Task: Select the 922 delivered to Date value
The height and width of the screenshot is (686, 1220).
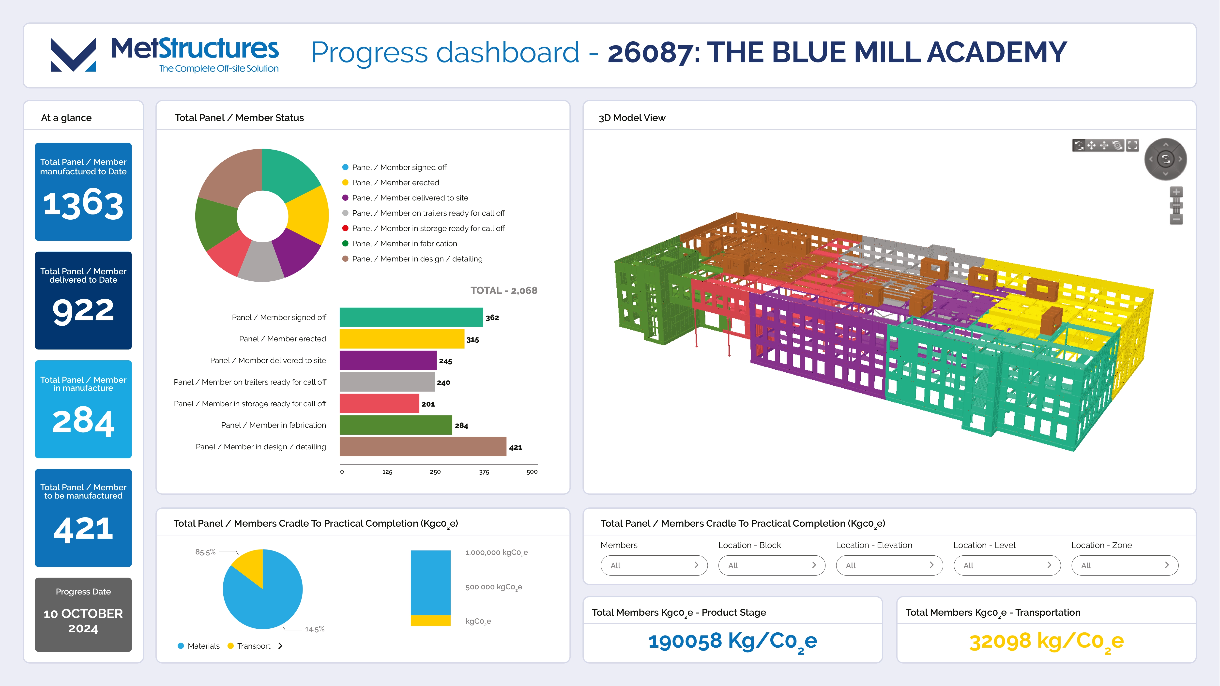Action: (83, 311)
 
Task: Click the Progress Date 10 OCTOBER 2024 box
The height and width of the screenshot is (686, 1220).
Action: (83, 614)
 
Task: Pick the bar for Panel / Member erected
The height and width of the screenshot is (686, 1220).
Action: (402, 339)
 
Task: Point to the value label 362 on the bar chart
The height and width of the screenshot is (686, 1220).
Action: (492, 317)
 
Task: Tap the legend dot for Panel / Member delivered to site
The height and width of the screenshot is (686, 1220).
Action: (345, 198)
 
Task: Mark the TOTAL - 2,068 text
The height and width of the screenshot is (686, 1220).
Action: (503, 290)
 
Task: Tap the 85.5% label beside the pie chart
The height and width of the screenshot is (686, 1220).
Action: (205, 552)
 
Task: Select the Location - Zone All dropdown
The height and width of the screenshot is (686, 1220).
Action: (1124, 565)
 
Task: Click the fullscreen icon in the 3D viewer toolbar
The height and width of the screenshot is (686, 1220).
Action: (1132, 145)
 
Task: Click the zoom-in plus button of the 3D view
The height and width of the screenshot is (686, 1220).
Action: (1176, 192)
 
